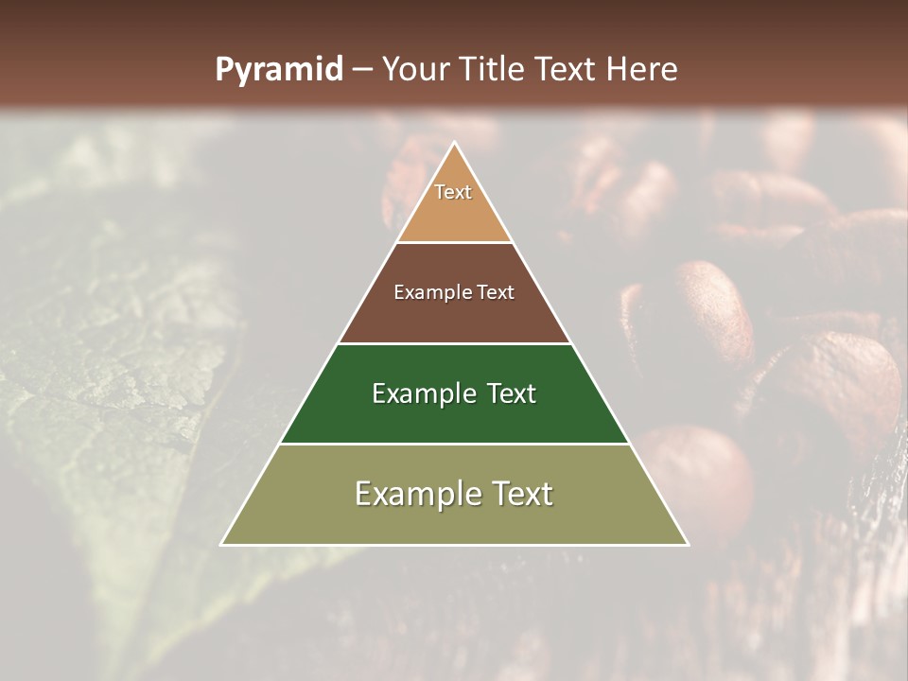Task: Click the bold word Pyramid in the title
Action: pyautogui.click(x=279, y=70)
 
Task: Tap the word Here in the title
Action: pyautogui.click(x=642, y=70)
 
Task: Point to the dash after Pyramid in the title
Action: pyautogui.click(x=362, y=70)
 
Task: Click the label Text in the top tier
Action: pyautogui.click(x=453, y=192)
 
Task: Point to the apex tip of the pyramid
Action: pyautogui.click(x=454, y=144)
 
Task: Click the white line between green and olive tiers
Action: pyautogui.click(x=454, y=444)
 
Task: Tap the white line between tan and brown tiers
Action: pyautogui.click(x=454, y=242)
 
